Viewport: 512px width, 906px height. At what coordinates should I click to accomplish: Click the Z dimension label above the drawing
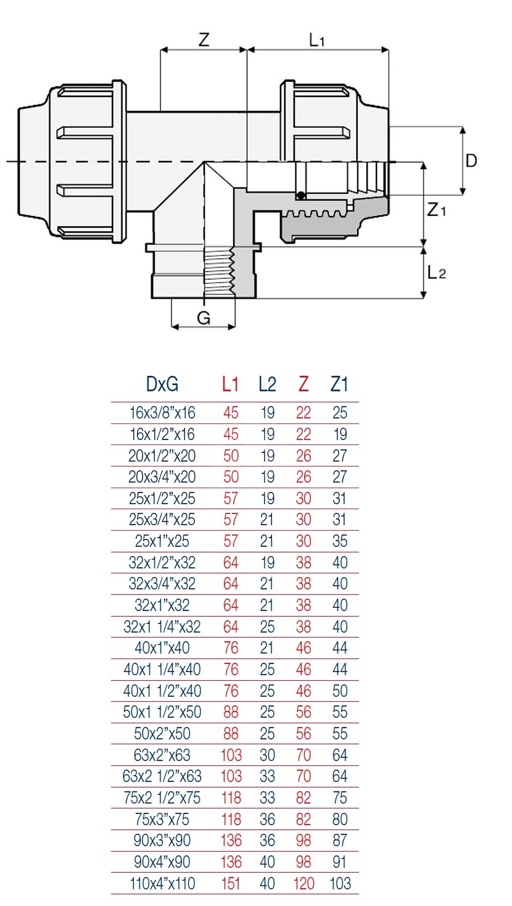tap(204, 39)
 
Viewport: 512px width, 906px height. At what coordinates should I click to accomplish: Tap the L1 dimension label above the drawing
tap(316, 41)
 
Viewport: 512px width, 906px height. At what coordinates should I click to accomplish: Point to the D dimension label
tap(471, 161)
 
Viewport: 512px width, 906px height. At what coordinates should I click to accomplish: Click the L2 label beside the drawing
tap(436, 272)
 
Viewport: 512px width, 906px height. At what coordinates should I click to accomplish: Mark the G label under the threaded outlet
tap(204, 318)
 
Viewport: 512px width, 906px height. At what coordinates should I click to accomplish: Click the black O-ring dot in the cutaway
tap(300, 196)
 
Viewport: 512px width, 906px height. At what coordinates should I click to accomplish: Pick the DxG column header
tap(162, 384)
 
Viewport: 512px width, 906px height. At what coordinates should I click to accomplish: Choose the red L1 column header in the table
tap(230, 384)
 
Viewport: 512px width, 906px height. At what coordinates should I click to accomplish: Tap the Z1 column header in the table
tap(339, 384)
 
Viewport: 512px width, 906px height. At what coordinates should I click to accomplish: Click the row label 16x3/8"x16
tap(162, 413)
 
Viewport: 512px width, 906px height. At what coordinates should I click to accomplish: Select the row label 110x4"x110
tap(162, 884)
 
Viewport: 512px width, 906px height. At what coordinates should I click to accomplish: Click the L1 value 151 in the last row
tap(231, 884)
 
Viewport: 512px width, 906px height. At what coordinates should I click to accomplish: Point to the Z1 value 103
tap(340, 884)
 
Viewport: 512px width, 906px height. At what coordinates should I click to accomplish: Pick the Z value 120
tap(303, 884)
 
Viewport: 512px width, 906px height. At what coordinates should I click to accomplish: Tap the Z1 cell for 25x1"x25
tap(340, 541)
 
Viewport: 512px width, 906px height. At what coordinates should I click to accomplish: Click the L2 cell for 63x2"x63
tap(267, 755)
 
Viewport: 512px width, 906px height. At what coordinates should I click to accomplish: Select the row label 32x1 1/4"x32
tap(162, 627)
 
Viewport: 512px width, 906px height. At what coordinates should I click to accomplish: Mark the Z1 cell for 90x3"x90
tap(340, 841)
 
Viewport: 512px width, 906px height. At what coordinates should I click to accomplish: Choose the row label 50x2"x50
tap(162, 734)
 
